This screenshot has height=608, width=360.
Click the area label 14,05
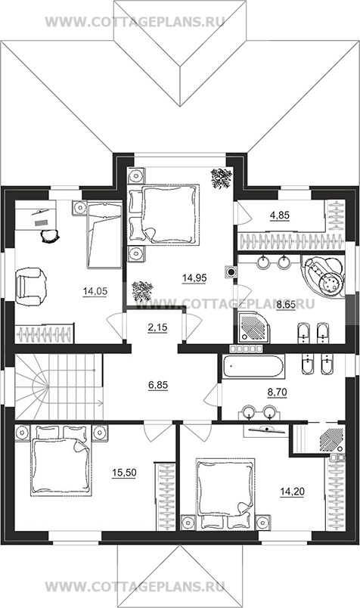coord(95,292)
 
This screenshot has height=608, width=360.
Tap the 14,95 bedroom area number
coord(194,278)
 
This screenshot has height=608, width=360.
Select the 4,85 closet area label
coord(280,216)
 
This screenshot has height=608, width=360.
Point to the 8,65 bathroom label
coord(286,306)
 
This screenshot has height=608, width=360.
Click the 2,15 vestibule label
coord(157,327)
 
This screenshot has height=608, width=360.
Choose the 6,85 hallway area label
coord(158,385)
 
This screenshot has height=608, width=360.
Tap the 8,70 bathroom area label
coord(277,392)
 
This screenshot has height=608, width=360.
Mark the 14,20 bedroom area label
coord(293,492)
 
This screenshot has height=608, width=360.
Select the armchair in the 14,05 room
coord(31,287)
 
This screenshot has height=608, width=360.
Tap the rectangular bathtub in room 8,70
coord(253,366)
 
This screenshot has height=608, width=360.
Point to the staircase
coord(58,386)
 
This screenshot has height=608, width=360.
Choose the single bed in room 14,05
coord(104,235)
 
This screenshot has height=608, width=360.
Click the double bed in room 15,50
coord(61,461)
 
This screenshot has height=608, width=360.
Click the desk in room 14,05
coord(36,216)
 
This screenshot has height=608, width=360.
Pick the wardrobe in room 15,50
coord(166,496)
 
